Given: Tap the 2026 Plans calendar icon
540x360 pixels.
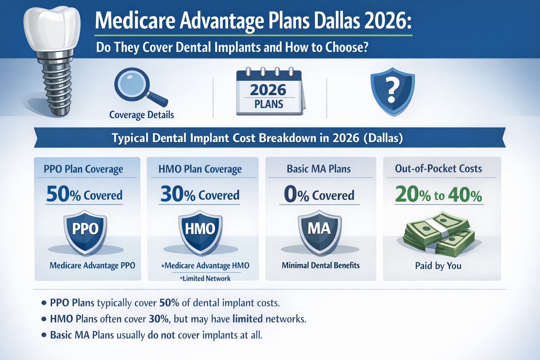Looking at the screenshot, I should pos(269,92).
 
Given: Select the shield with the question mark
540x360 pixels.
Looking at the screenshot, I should pos(393,91).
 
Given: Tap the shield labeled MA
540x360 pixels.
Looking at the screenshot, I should pos(320,231).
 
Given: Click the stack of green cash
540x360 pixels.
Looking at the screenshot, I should pos(439,233).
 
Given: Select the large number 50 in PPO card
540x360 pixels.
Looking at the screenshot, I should pos(58,194).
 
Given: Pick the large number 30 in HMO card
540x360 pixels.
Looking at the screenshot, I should pos(172,194).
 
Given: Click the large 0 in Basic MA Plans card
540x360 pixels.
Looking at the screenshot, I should pos(290,194).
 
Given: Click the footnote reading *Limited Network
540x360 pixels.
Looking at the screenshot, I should pos(205,278).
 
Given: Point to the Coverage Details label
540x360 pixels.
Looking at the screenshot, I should pos(142,115).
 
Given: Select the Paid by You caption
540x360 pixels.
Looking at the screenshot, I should pos(438,266).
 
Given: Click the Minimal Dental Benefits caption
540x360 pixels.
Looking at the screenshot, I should pos(321,265).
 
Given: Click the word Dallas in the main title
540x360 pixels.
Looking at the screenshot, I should pos(337,21).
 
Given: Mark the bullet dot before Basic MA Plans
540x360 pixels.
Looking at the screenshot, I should pos(44,335).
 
